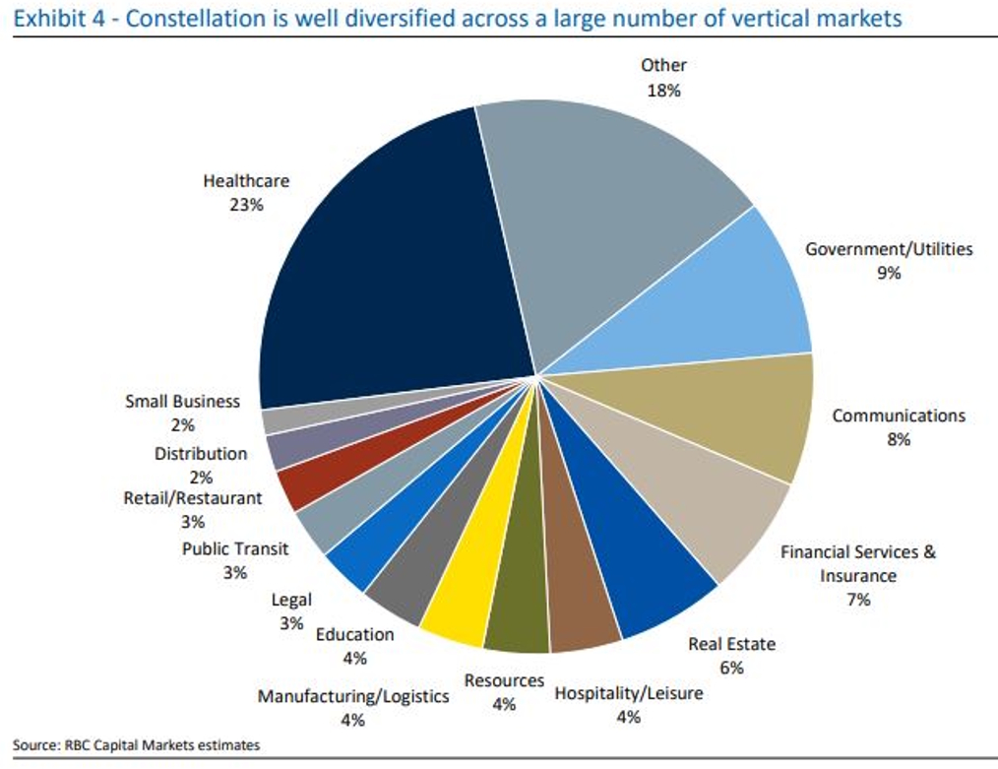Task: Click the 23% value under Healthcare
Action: [246, 205]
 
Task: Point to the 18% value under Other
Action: [663, 90]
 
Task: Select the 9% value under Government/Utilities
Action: [889, 273]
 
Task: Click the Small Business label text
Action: [182, 402]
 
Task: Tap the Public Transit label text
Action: [235, 548]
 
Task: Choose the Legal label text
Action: [291, 600]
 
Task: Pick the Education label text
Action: [354, 634]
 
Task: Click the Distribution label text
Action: [201, 454]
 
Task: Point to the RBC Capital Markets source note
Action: [137, 744]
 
